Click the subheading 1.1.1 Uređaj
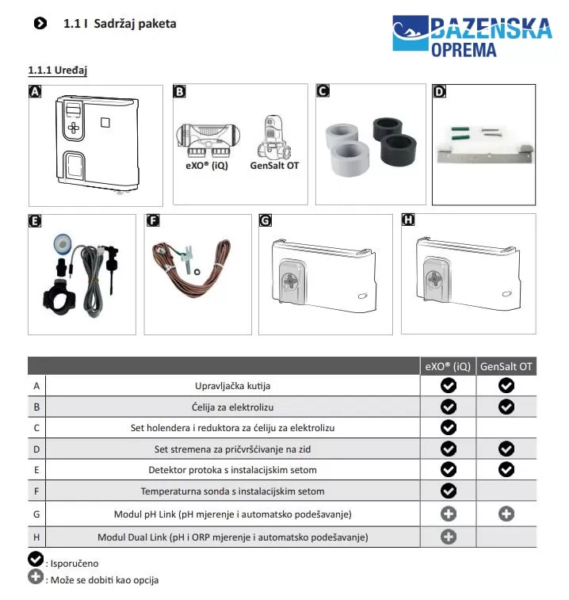[57, 71]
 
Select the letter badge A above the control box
[35, 92]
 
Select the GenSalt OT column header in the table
[507, 366]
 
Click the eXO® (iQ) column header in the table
[448, 366]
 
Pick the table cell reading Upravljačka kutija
[233, 386]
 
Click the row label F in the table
[36, 491]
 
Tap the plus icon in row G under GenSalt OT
[506, 514]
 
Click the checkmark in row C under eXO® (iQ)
[449, 428]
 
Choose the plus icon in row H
[449, 537]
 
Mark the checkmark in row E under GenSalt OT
[506, 470]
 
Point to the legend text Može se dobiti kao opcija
[103, 580]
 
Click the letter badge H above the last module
[409, 220]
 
